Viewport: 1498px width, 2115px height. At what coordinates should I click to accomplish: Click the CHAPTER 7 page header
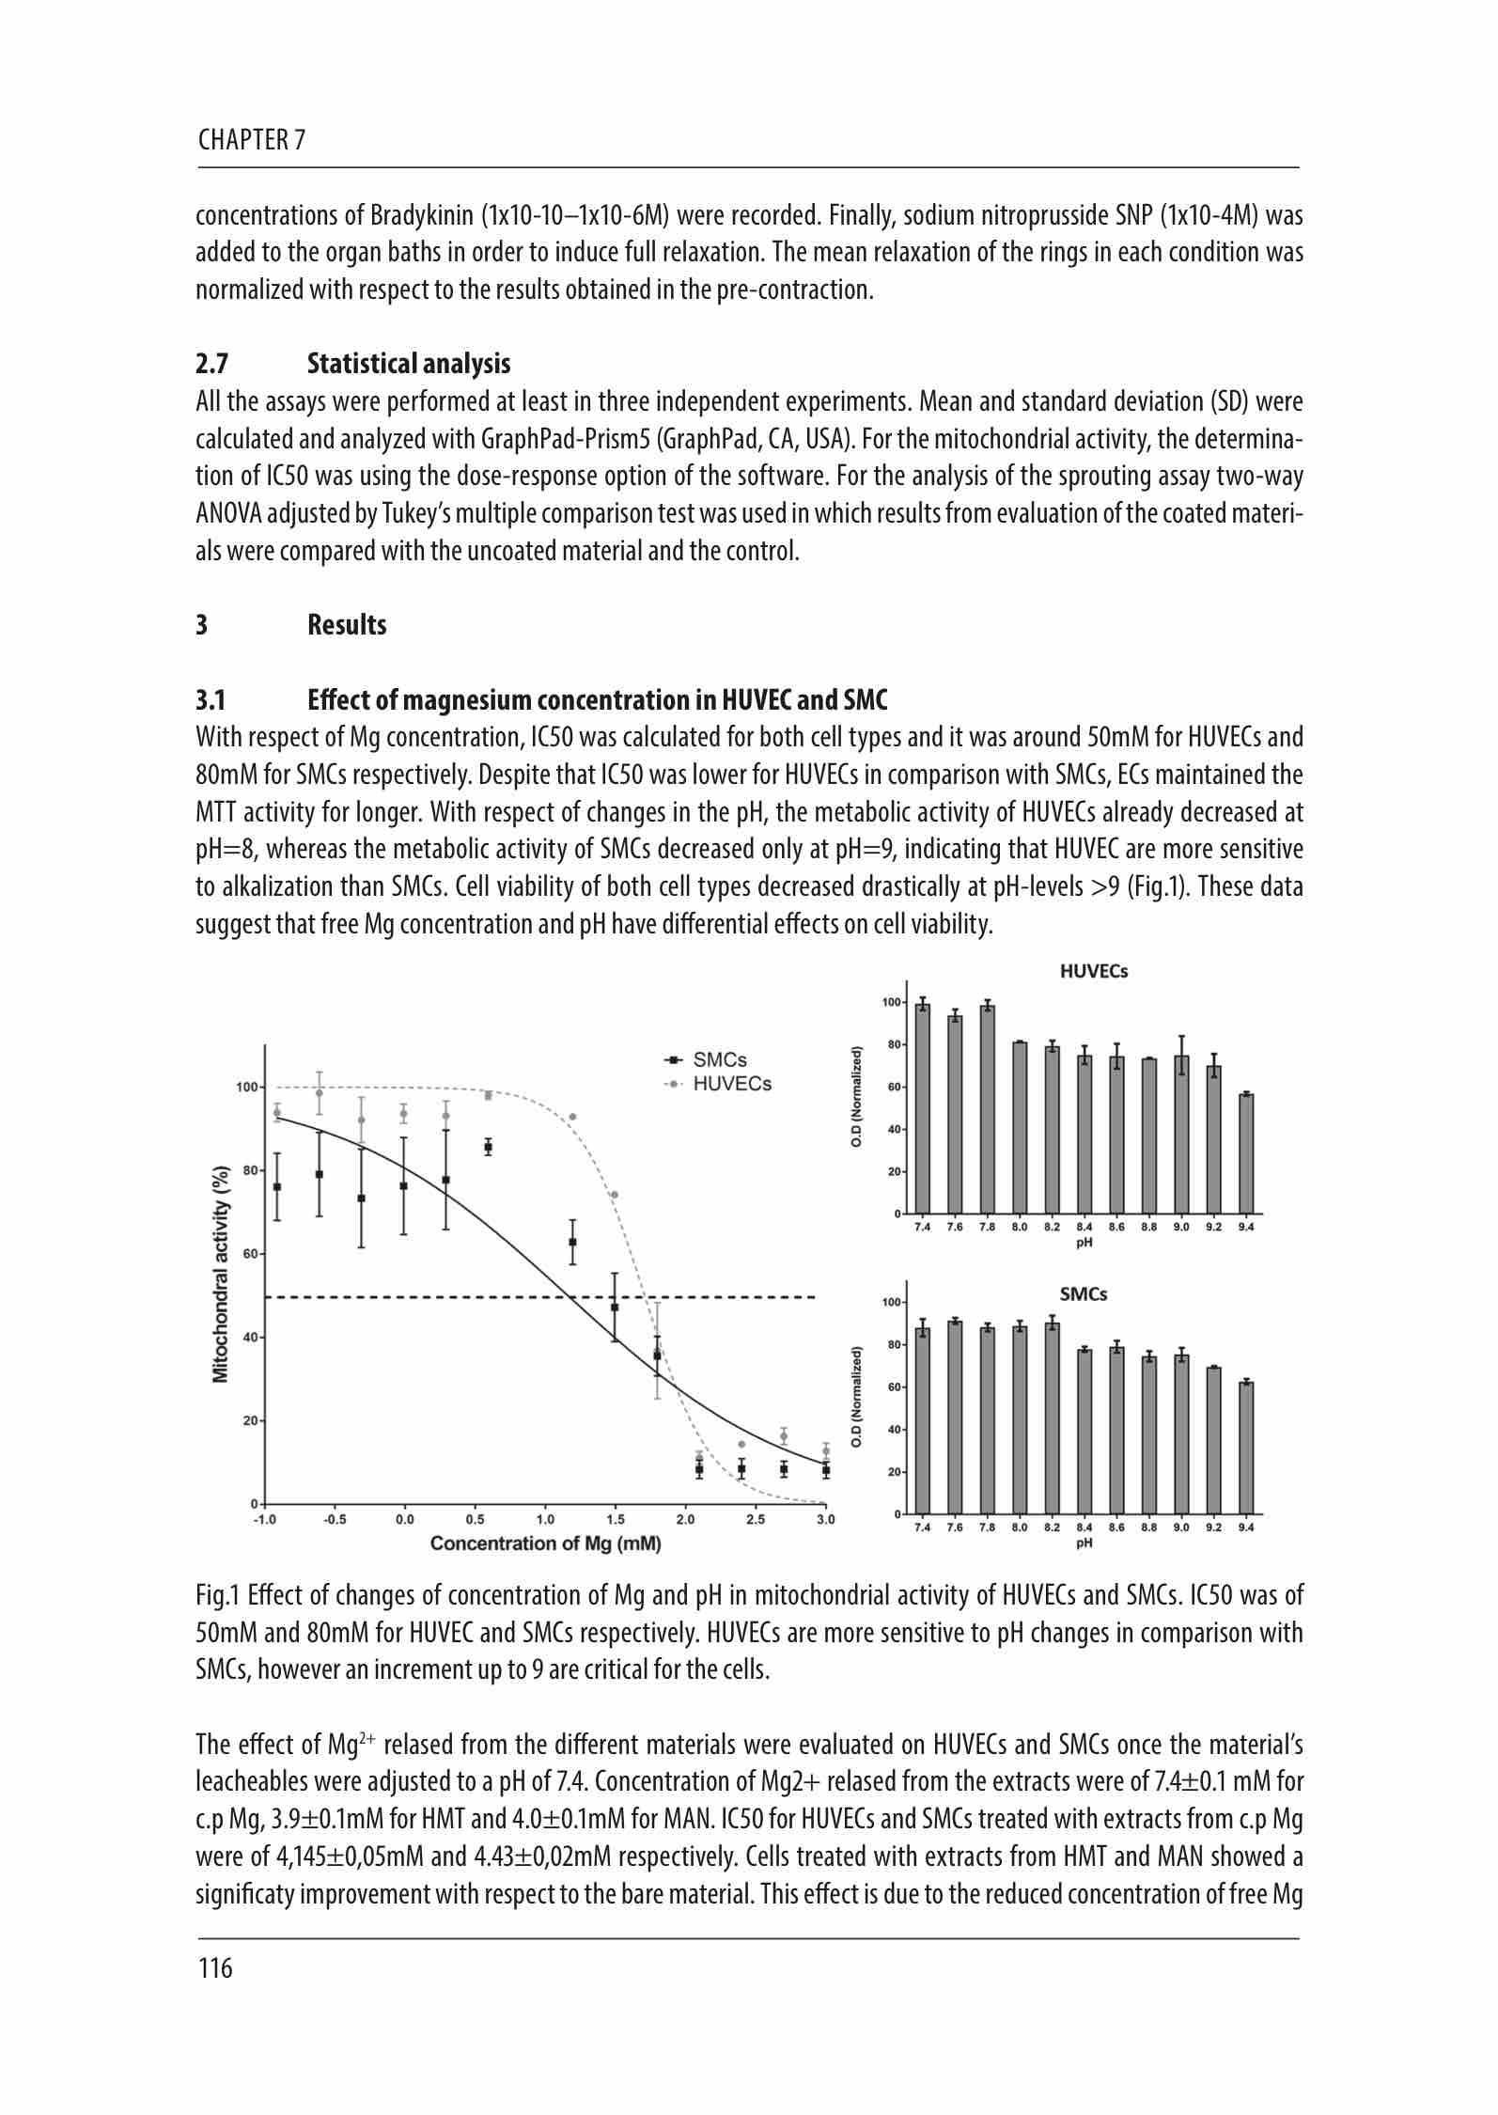[252, 141]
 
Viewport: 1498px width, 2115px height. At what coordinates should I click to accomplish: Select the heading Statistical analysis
[409, 364]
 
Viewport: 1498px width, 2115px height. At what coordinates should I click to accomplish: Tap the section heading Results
[347, 625]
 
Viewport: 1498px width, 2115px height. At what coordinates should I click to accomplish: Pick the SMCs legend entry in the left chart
[719, 1059]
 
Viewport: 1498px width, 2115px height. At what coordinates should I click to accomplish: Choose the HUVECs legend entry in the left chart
[731, 1084]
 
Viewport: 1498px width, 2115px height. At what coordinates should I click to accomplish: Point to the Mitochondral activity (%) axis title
[221, 1275]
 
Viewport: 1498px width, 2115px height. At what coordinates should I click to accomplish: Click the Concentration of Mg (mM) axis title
[545, 1543]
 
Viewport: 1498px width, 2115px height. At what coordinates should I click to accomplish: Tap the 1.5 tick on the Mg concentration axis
[616, 1519]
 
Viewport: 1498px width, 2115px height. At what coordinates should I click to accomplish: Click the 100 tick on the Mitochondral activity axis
[246, 1088]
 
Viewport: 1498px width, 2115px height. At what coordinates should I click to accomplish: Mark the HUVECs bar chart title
[1094, 972]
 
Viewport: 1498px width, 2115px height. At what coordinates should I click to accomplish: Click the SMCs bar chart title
[1083, 1294]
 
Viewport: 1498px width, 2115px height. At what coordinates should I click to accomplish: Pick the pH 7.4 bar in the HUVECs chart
[923, 1109]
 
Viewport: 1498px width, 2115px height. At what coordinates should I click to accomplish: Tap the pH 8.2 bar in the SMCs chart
[1052, 1418]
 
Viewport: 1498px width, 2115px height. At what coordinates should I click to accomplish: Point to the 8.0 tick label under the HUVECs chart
[1020, 1227]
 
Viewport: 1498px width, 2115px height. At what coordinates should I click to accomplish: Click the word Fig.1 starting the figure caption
[217, 1596]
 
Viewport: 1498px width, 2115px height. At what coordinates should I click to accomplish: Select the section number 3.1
[211, 700]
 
